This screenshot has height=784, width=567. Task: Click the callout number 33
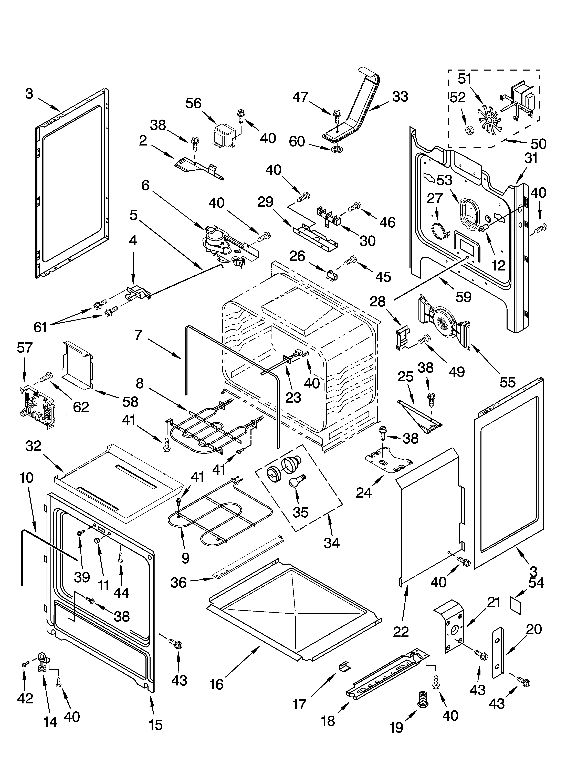pos(400,97)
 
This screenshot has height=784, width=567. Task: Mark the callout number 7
pos(138,335)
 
